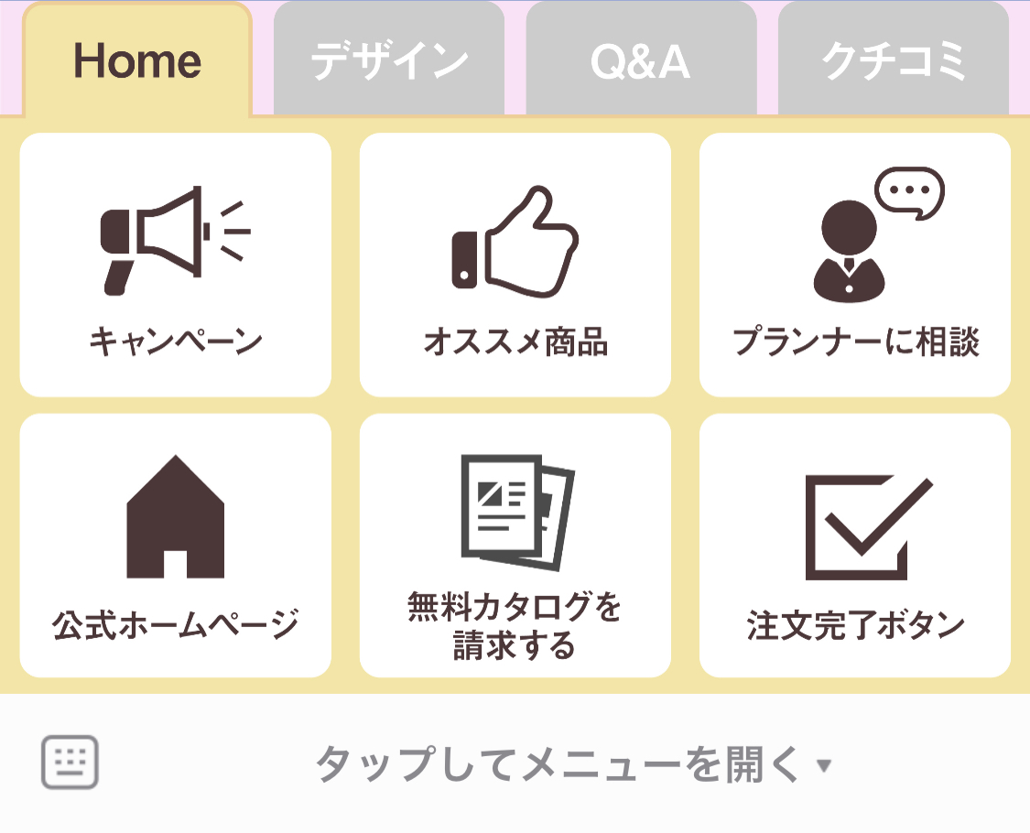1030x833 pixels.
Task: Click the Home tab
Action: (137, 59)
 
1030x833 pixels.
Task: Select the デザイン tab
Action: (389, 59)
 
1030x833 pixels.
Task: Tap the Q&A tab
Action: (641, 59)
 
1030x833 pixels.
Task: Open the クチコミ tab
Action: (894, 59)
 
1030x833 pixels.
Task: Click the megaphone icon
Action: (175, 240)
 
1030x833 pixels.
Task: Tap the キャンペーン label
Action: (176, 341)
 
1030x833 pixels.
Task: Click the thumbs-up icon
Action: (515, 242)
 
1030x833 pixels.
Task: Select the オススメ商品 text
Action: (515, 341)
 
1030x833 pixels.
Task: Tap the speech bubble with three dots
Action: (910, 192)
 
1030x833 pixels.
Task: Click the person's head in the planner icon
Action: (849, 227)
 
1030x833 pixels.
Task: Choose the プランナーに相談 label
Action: (855, 341)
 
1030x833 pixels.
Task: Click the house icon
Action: (176, 516)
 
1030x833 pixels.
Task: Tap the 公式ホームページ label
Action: (176, 624)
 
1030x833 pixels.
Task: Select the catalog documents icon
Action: (517, 513)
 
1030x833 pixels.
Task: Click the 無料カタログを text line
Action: (515, 606)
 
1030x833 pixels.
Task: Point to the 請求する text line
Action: (515, 645)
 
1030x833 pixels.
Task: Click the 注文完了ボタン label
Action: (855, 624)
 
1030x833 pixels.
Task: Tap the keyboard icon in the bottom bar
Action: (70, 762)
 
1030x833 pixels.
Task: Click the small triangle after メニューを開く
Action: (824, 765)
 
